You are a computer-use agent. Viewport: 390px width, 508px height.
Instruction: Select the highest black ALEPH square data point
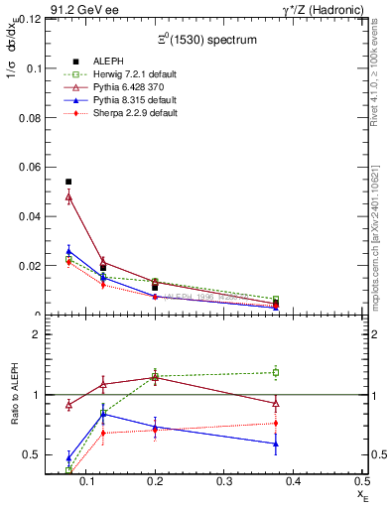[x=68, y=182]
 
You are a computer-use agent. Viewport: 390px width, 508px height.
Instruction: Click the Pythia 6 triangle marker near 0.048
[x=68, y=197]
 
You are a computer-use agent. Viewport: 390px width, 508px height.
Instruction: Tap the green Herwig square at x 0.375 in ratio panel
[x=276, y=373]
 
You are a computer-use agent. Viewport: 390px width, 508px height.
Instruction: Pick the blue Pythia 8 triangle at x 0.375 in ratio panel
[x=276, y=444]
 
